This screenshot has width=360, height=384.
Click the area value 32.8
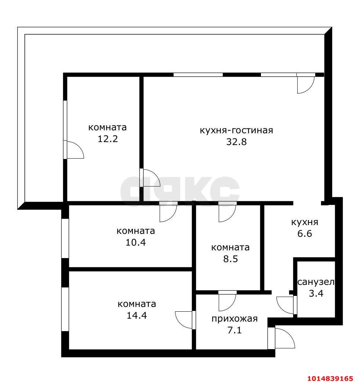coord(236,142)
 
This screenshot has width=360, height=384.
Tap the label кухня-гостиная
coord(236,130)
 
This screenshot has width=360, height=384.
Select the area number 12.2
coord(108,139)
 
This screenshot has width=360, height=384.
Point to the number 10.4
coord(135,243)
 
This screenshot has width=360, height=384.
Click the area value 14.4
coord(137,315)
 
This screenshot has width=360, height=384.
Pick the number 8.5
coord(230,259)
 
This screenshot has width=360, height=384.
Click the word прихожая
coord(234,319)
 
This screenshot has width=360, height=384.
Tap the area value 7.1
coord(234,330)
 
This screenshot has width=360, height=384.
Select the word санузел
coord(316,282)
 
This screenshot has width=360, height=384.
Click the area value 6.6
coord(305,233)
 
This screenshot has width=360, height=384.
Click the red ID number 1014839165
coord(330,378)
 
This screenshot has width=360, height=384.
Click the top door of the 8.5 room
coord(227,212)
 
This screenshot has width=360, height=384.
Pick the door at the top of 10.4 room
coord(168,212)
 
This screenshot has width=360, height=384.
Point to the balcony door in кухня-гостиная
coord(306,83)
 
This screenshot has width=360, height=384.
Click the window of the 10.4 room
coord(65,238)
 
